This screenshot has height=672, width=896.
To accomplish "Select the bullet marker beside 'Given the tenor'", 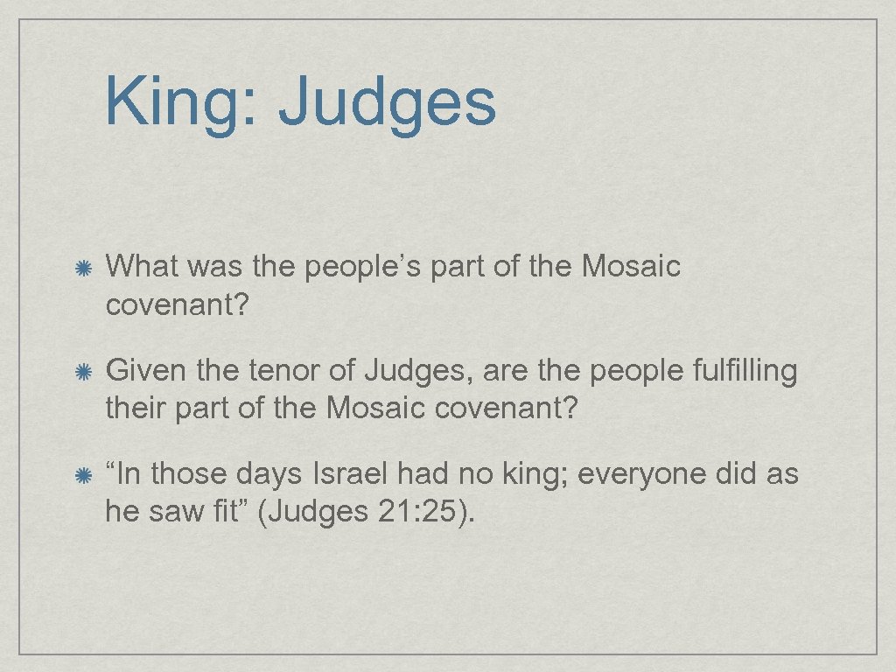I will [x=83, y=374].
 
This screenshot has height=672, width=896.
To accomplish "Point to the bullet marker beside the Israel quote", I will [x=83, y=477].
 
